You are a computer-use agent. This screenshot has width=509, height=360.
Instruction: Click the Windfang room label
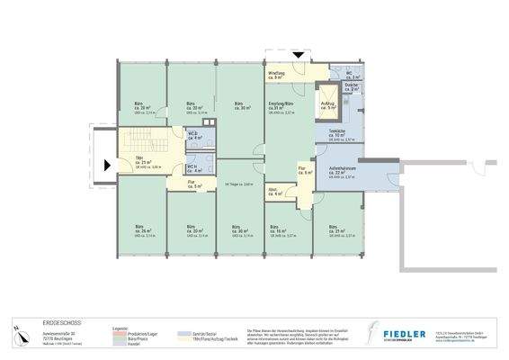click(275, 75)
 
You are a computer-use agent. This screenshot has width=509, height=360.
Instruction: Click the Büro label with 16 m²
click(281, 229)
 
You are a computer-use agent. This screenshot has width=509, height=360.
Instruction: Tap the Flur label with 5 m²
click(192, 184)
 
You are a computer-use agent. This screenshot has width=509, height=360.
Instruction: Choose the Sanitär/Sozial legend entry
click(200, 330)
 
